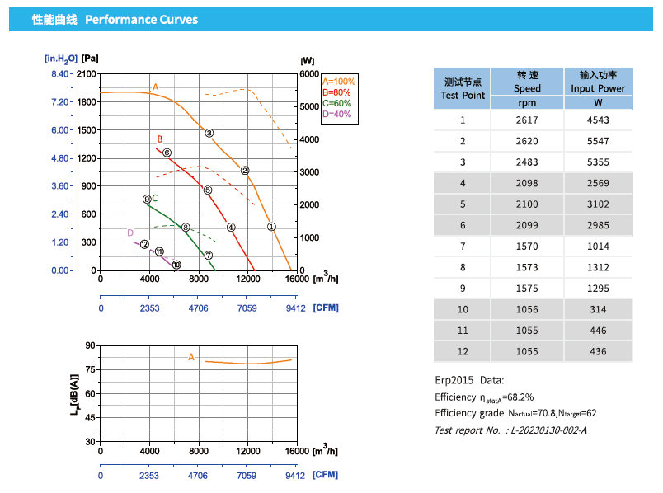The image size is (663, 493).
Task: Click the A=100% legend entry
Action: (x=339, y=82)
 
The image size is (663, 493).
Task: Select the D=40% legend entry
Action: (x=336, y=114)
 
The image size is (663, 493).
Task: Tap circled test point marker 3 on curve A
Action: (x=209, y=133)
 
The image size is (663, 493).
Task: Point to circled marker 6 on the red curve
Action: (x=167, y=153)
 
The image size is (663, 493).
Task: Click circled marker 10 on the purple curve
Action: (x=176, y=265)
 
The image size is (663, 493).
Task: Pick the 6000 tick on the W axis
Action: (x=308, y=74)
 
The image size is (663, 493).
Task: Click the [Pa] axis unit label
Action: (x=91, y=59)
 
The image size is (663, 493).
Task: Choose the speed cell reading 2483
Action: (x=527, y=162)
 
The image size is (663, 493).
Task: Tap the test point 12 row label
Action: (x=463, y=352)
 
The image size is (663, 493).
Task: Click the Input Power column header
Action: (x=598, y=82)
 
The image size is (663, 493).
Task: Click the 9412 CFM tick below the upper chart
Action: (x=295, y=308)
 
